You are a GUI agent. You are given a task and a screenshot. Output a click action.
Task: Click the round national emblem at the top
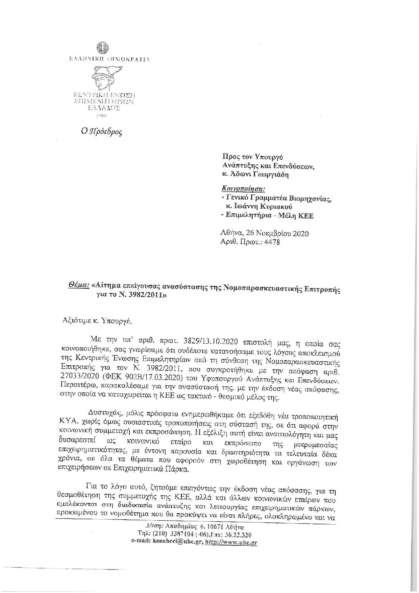[101, 48]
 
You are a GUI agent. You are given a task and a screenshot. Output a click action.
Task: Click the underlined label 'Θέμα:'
[78, 286]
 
